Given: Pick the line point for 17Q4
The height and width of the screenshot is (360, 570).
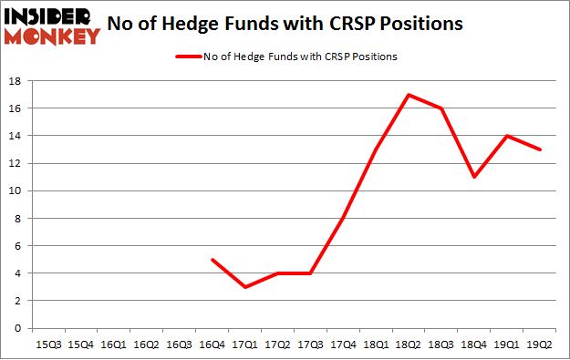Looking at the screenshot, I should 344,218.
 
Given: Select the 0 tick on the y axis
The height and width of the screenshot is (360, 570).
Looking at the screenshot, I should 18,328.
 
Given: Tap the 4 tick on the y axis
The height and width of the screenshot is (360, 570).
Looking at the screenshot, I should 18,273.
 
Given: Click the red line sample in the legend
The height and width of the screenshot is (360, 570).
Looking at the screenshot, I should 191,57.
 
